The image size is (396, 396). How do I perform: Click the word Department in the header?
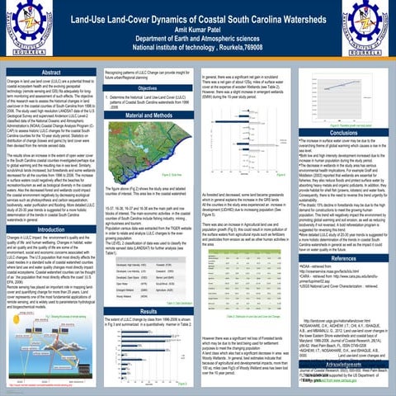(x=158, y=39)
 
